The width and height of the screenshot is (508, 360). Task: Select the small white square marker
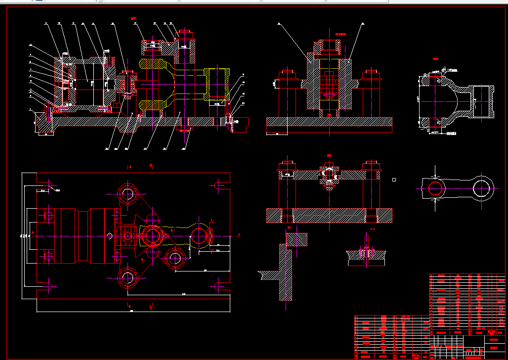click(394, 180)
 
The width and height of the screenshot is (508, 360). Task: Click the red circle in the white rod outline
click(435, 188)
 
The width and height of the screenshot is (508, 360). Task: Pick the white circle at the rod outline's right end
click(483, 188)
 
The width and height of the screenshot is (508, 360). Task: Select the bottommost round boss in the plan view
click(128, 279)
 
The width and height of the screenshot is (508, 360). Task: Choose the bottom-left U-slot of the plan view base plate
click(50, 286)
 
